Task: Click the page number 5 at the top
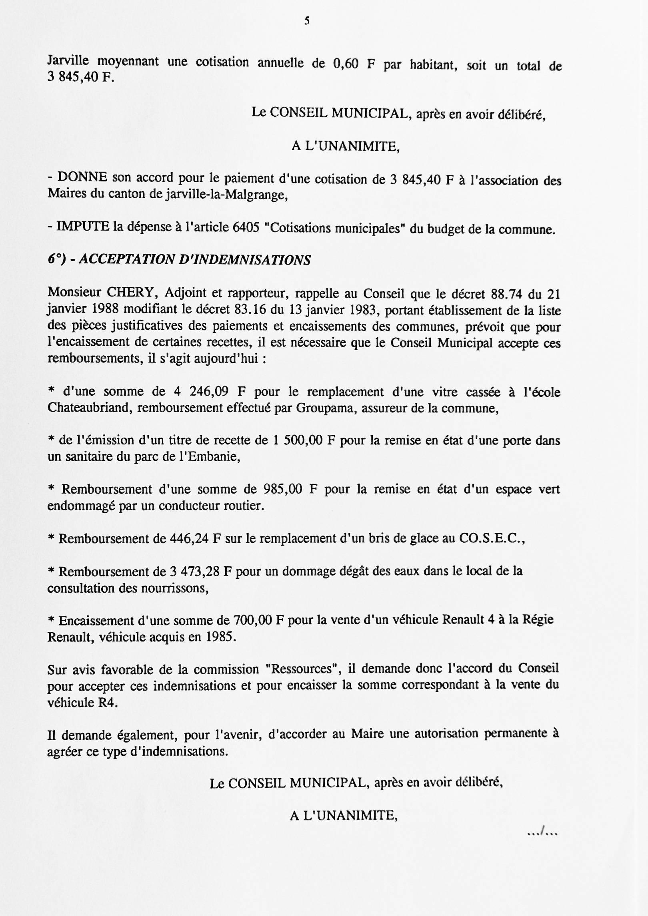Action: coord(307,21)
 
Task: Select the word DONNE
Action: coord(82,177)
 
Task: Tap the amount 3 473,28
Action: coord(195,572)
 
